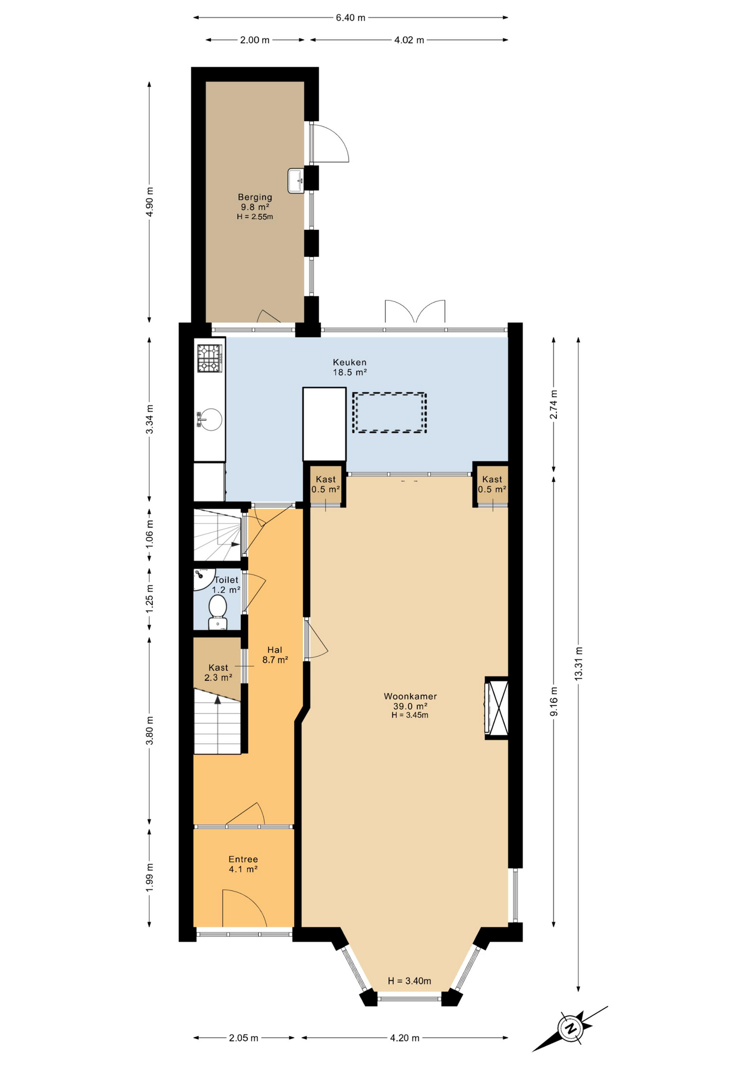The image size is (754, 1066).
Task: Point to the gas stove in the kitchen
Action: (210, 358)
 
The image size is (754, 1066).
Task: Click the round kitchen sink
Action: (210, 420)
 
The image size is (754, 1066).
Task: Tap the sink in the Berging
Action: (295, 180)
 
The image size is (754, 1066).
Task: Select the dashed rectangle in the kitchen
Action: (390, 413)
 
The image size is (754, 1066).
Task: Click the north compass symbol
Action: (570, 1028)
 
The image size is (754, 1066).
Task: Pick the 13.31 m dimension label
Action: (579, 663)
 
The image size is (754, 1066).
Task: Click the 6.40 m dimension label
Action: (350, 18)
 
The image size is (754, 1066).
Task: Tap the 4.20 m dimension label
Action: (405, 1038)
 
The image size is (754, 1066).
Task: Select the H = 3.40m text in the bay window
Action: (410, 981)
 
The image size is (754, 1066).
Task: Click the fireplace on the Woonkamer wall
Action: (496, 708)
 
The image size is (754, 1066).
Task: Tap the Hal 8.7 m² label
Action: (275, 655)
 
